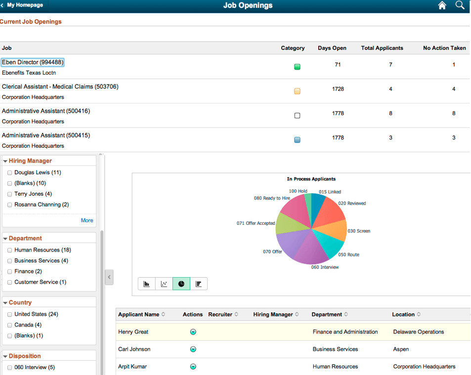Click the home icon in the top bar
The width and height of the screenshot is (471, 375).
(442, 5)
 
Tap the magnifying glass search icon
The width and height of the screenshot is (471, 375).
(460, 5)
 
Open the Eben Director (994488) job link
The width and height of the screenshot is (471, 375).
(33, 62)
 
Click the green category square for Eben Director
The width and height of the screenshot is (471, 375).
(297, 67)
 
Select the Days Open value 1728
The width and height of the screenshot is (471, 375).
(338, 89)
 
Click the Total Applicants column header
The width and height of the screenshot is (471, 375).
(382, 48)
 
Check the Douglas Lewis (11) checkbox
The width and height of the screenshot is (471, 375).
(9, 173)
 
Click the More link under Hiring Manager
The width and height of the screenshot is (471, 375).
(87, 220)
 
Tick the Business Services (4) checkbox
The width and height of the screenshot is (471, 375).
(9, 261)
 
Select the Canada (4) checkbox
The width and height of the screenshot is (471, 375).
(9, 325)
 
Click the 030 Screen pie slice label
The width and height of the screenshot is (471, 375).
(358, 231)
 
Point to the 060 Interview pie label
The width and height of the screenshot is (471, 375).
(325, 267)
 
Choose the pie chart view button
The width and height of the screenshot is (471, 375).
(181, 284)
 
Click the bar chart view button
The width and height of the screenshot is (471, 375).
(147, 284)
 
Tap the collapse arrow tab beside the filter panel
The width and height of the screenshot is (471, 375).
(109, 277)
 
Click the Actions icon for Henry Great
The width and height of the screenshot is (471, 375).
(193, 332)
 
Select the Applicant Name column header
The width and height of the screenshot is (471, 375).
(139, 315)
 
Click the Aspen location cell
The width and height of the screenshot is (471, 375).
(401, 349)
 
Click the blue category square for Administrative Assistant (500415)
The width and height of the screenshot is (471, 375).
(297, 140)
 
